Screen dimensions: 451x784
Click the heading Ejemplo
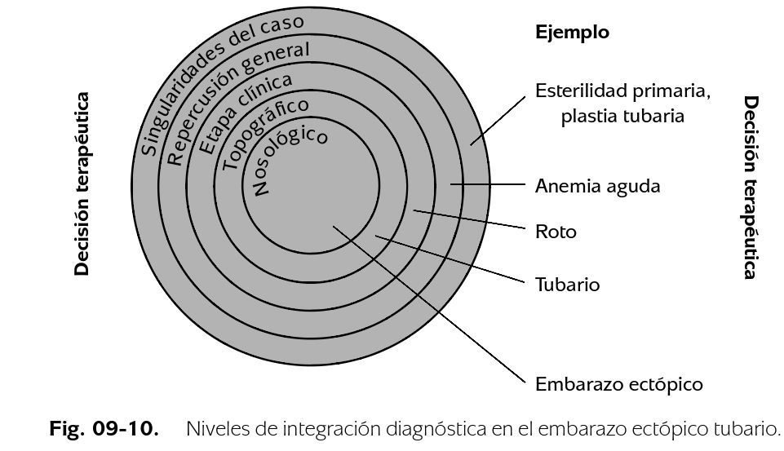[x=572, y=33]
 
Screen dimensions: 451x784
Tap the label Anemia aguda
[x=597, y=186]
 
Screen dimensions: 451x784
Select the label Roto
[x=556, y=232]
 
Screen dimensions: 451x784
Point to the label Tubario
[x=567, y=285]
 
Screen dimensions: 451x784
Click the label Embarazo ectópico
[x=618, y=384]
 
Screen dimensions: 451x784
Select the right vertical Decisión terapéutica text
[x=751, y=187]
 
